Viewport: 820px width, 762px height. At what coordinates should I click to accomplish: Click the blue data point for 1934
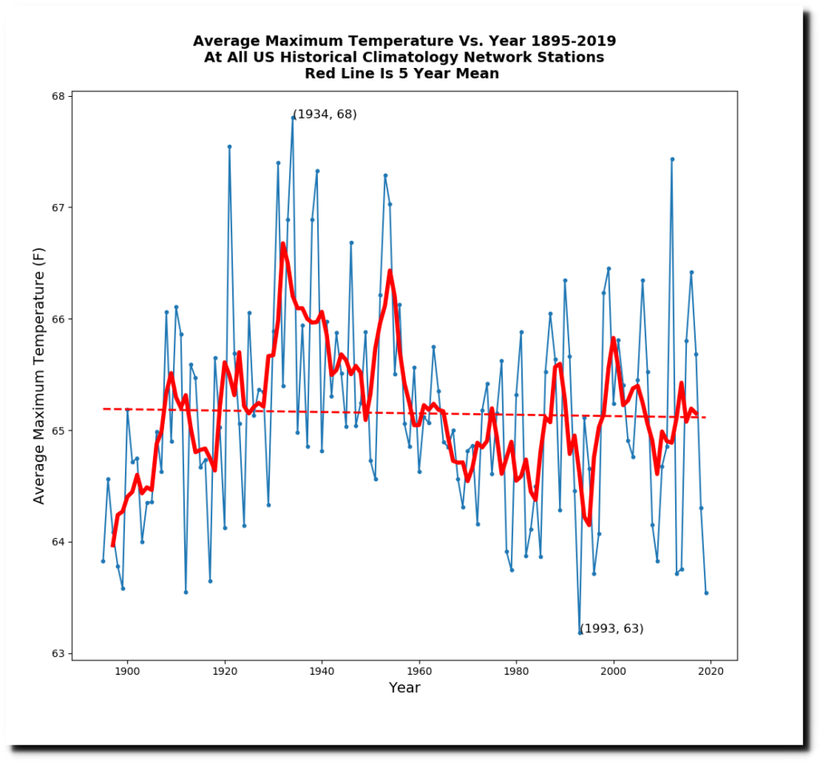[292, 118]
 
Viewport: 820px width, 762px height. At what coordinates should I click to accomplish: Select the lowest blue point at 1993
[580, 632]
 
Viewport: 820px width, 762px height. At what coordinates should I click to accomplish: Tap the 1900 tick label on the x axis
[127, 672]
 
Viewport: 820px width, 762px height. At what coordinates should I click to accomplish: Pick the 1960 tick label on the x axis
[419, 672]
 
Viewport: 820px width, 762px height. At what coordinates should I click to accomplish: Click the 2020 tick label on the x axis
[711, 672]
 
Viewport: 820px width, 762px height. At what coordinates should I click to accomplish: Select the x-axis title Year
[404, 688]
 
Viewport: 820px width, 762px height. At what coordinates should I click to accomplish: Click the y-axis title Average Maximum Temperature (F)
[39, 375]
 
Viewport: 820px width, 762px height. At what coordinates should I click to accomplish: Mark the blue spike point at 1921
[229, 146]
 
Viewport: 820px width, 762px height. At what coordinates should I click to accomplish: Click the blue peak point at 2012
[672, 159]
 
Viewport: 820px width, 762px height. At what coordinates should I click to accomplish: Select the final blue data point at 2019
[706, 593]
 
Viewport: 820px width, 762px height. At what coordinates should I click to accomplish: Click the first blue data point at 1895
[102, 561]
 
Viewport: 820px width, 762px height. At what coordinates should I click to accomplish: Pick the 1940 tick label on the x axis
[322, 672]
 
